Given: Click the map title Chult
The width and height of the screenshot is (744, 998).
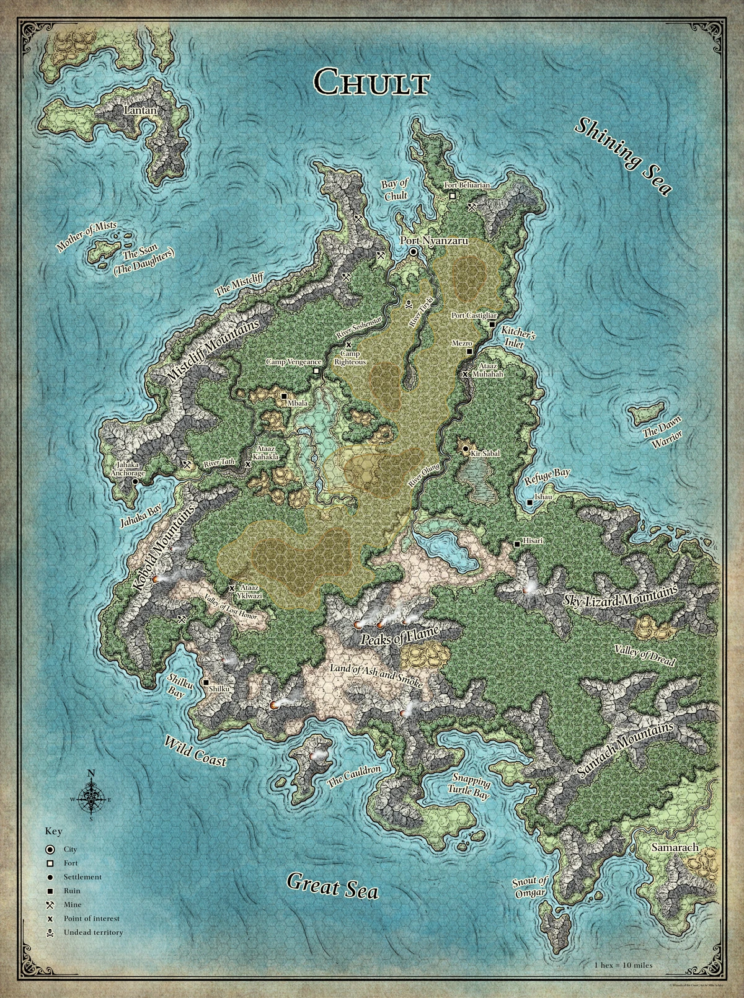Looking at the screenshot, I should (371, 81).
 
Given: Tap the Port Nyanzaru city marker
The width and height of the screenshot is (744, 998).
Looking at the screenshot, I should (414, 252).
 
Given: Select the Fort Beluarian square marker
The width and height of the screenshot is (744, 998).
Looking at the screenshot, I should (453, 195).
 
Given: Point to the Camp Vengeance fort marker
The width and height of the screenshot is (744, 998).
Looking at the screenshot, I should (316, 371).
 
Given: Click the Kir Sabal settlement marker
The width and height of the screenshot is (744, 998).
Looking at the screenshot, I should (465, 448).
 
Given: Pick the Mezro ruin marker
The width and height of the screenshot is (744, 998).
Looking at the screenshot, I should (469, 352).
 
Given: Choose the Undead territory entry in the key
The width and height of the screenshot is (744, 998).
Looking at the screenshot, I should (93, 932).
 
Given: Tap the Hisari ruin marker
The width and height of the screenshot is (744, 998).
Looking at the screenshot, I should (517, 544).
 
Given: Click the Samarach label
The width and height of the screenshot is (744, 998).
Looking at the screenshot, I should (675, 847).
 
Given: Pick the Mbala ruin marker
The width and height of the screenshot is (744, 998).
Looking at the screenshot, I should (284, 396).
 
